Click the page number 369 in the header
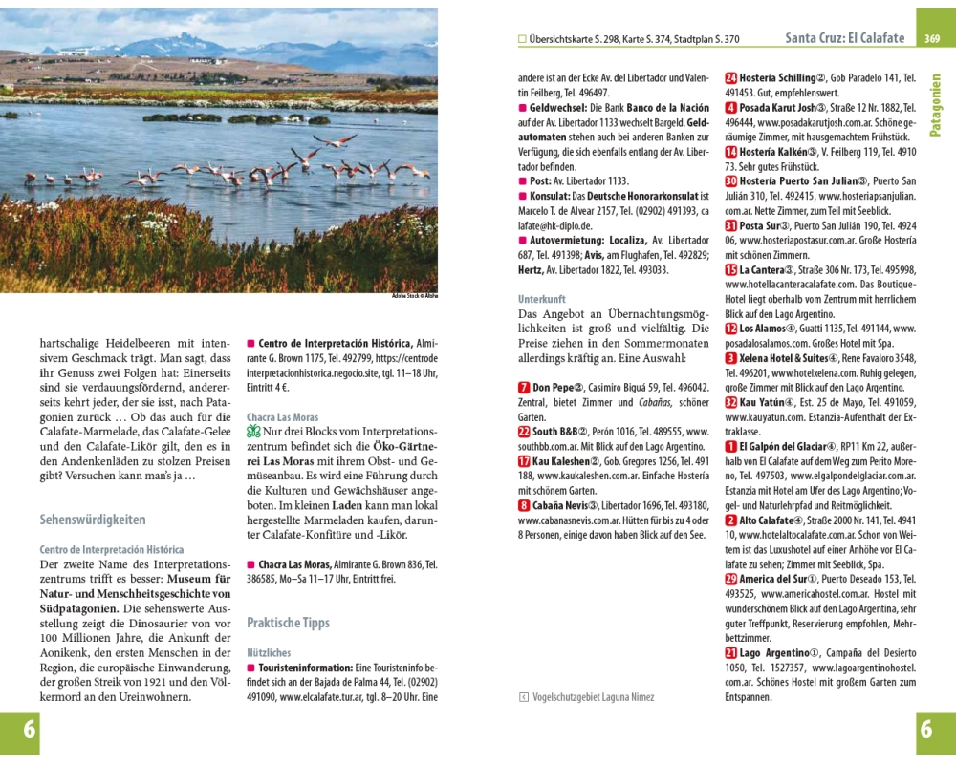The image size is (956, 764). click(x=933, y=38)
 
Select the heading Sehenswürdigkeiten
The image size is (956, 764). click(x=93, y=520)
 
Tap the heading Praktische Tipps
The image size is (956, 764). click(x=288, y=623)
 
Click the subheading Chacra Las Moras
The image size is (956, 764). click(x=283, y=417)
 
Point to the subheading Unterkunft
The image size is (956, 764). click(x=542, y=299)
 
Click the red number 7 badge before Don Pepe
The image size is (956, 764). click(x=524, y=387)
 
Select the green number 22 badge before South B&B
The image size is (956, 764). click(x=524, y=432)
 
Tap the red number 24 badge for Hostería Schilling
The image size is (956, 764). click(x=731, y=77)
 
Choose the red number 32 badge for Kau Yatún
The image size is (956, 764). click(x=731, y=402)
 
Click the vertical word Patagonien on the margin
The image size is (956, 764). click(x=935, y=105)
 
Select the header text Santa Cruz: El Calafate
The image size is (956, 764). click(x=844, y=38)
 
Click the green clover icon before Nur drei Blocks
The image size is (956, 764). click(x=253, y=432)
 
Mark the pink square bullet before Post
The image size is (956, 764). click(x=522, y=180)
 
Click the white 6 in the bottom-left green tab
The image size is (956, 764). click(x=30, y=731)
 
